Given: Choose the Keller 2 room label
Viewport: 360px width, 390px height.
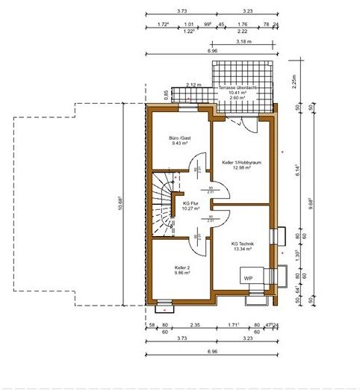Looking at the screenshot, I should [181, 267].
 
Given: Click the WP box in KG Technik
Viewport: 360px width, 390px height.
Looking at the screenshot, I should [247, 276].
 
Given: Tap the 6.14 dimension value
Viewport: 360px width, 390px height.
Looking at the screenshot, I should [296, 169].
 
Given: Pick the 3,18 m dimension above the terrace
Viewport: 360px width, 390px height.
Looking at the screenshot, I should [243, 43].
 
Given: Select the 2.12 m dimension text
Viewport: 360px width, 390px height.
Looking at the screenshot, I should [193, 85].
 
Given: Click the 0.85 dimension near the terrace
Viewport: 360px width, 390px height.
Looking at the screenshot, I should [166, 94].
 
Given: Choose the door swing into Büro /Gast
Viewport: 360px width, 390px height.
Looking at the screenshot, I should [195, 162].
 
